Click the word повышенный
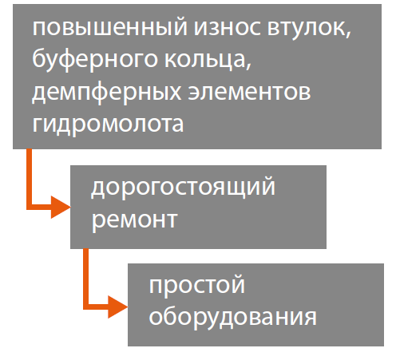tap(110, 27)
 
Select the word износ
tap(227, 28)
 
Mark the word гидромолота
tap(108, 125)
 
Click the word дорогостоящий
tap(183, 188)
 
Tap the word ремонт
tap(134, 220)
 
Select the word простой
tap(196, 285)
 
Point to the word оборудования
tap(233, 317)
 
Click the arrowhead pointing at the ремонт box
tap(61, 208)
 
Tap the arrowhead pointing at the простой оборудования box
tap(118, 307)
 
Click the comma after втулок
tap(348, 34)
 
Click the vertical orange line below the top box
tap(29, 176)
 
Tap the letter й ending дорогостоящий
tap(268, 185)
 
